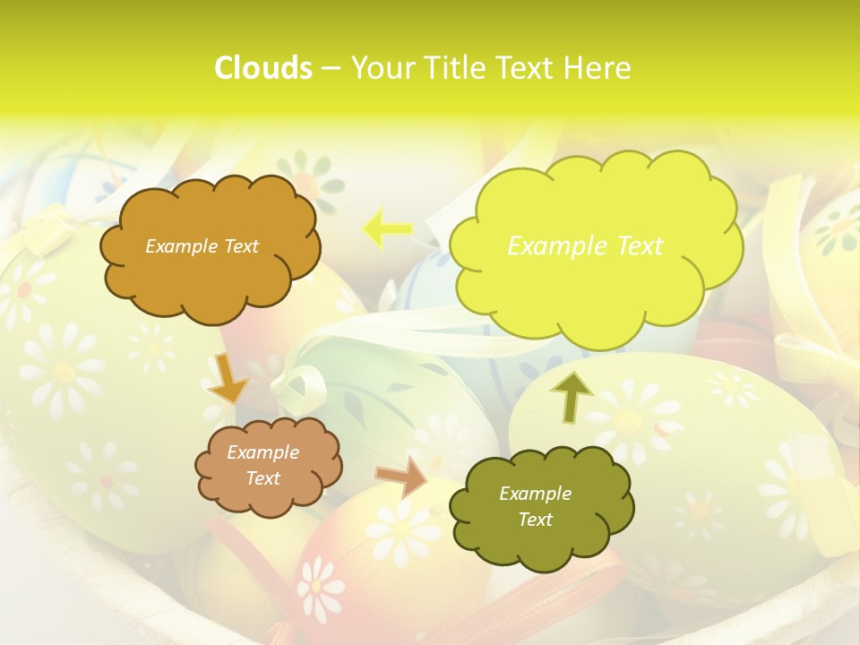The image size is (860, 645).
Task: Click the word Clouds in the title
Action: [262, 68]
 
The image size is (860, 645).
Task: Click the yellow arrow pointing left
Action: [387, 229]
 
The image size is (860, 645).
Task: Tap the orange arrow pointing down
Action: [229, 377]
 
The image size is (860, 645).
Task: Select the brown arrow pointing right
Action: [400, 478]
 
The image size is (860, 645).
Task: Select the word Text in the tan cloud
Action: [263, 478]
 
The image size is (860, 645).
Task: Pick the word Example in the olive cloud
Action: [535, 494]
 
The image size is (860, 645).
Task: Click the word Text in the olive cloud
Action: [535, 520]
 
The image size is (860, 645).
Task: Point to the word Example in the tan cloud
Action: [263, 453]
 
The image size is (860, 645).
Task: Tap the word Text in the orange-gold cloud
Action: [240, 246]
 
